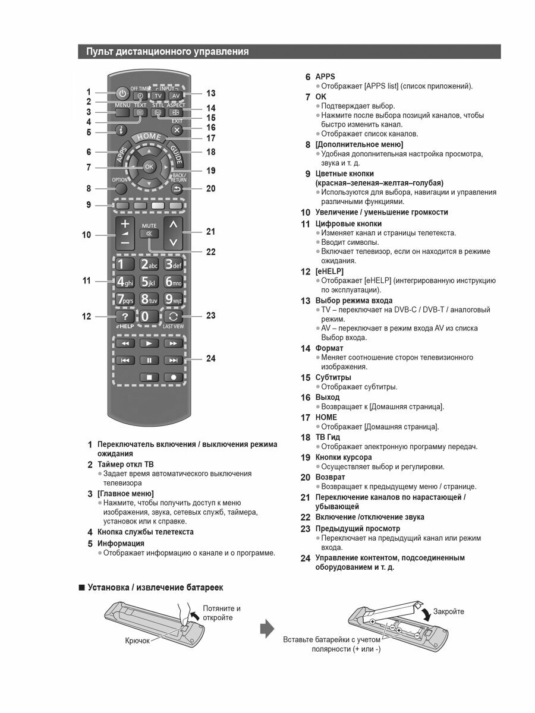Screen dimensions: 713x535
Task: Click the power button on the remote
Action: point(122,93)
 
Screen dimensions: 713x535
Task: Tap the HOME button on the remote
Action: point(149,137)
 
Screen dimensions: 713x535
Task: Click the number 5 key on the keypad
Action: point(148,282)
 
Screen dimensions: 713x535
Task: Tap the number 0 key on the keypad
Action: point(145,317)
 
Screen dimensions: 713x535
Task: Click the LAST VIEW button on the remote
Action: point(174,317)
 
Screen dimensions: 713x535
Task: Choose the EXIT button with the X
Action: point(177,129)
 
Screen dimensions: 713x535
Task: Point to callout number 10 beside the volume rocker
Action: point(87,235)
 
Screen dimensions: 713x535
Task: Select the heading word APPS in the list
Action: point(325,77)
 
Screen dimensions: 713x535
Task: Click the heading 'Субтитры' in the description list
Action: point(333,377)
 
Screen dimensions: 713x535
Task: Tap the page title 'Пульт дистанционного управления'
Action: point(168,52)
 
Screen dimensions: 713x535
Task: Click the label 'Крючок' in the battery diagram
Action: point(137,641)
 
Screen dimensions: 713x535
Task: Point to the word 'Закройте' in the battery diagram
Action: point(449,611)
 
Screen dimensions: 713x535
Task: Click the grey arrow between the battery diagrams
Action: point(269,628)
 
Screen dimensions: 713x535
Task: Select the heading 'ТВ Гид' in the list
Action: point(328,437)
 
